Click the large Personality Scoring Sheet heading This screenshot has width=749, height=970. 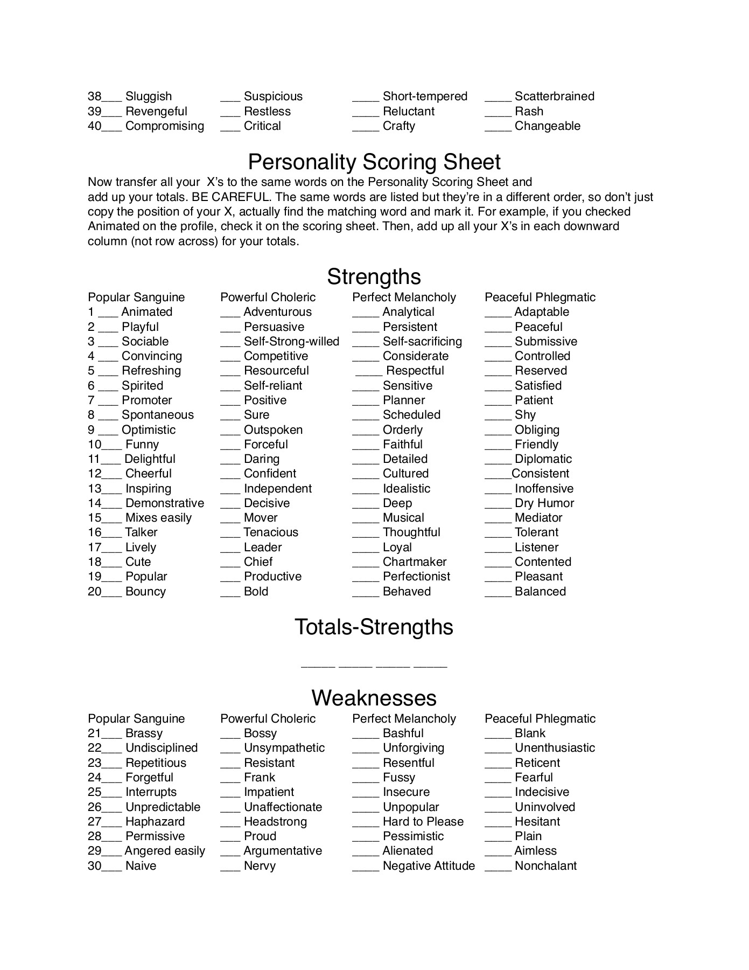pyautogui.click(x=374, y=162)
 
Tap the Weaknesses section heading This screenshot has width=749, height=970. pyautogui.click(x=374, y=698)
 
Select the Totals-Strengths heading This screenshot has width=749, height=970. pyautogui.click(x=374, y=627)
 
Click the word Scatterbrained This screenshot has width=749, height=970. pyautogui.click(x=555, y=96)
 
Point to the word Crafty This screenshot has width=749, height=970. pyautogui.click(x=399, y=126)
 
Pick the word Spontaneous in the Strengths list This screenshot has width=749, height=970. pyautogui.click(x=158, y=415)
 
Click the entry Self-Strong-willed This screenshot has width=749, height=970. pyautogui.click(x=291, y=342)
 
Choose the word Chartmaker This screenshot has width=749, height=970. pyautogui.click(x=415, y=562)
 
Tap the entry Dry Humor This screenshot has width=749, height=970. pyautogui.click(x=544, y=503)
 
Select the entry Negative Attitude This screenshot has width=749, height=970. pyautogui.click(x=429, y=866)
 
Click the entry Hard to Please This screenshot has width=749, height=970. pyautogui.click(x=423, y=822)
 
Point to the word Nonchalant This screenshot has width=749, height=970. pyautogui.click(x=545, y=866)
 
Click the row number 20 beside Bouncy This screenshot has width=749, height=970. pyautogui.click(x=94, y=592)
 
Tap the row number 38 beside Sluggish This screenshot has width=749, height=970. pyautogui.click(x=94, y=96)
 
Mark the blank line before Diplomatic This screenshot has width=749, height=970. pyautogui.click(x=498, y=462)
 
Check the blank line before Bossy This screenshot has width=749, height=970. pyautogui.click(x=230, y=737)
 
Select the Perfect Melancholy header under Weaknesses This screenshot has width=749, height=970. pyautogui.click(x=404, y=719)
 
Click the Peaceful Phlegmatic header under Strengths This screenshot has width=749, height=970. pyautogui.click(x=540, y=297)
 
